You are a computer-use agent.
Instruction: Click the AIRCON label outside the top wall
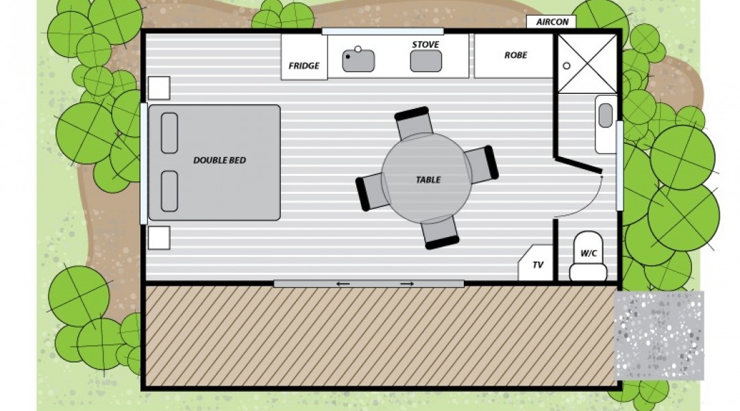[x=552, y=22]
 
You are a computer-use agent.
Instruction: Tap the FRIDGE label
[x=304, y=66]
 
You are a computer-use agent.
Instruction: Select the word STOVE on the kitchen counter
[x=425, y=45]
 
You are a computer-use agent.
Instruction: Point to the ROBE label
[x=515, y=55]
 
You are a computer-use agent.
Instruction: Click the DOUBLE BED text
[x=219, y=160]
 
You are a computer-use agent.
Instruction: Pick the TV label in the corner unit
[x=538, y=264]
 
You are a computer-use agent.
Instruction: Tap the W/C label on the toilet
[x=589, y=253]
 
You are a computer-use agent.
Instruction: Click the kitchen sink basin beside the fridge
[x=358, y=60]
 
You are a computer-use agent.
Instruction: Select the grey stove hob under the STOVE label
[x=425, y=61]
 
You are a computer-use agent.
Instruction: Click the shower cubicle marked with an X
[x=587, y=64]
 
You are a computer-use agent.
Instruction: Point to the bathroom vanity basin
[x=606, y=116]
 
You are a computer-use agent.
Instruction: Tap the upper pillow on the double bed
[x=169, y=133]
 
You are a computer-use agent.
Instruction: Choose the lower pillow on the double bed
[x=169, y=191]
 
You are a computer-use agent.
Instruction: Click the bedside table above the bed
[x=159, y=88]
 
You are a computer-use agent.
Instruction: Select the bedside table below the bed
[x=159, y=238]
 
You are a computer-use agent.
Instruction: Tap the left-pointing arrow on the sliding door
[x=343, y=284]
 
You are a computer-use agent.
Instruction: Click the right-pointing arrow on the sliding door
[x=407, y=284]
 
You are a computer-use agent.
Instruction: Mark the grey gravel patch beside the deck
[x=659, y=335]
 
